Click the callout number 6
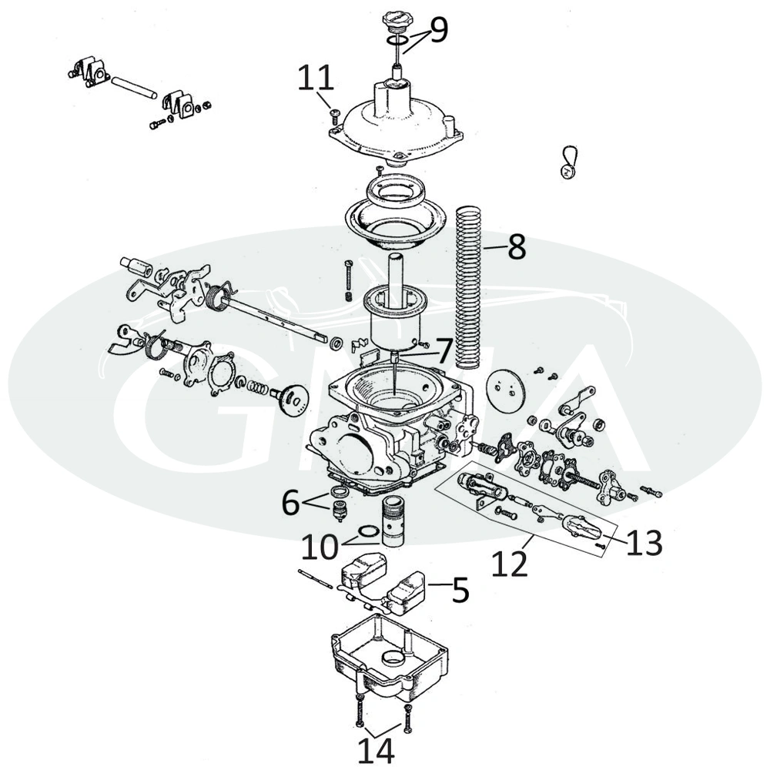pyautogui.click(x=292, y=502)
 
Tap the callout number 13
pyautogui.click(x=644, y=542)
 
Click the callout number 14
pyautogui.click(x=376, y=750)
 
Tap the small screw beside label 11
pyautogui.click(x=334, y=115)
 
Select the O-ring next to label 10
pyautogui.click(x=368, y=532)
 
